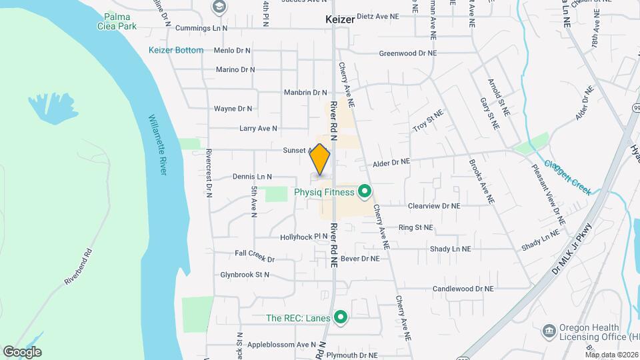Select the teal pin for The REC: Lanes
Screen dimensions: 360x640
[341, 318]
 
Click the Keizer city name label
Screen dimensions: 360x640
[340, 19]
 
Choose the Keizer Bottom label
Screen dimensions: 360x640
[176, 50]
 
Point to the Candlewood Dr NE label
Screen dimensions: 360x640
[463, 289]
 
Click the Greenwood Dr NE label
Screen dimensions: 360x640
[407, 53]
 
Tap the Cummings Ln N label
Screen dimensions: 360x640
[201, 29]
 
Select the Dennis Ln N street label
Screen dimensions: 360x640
[252, 177]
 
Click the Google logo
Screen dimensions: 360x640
[22, 352]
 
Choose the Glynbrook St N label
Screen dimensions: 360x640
[245, 275]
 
